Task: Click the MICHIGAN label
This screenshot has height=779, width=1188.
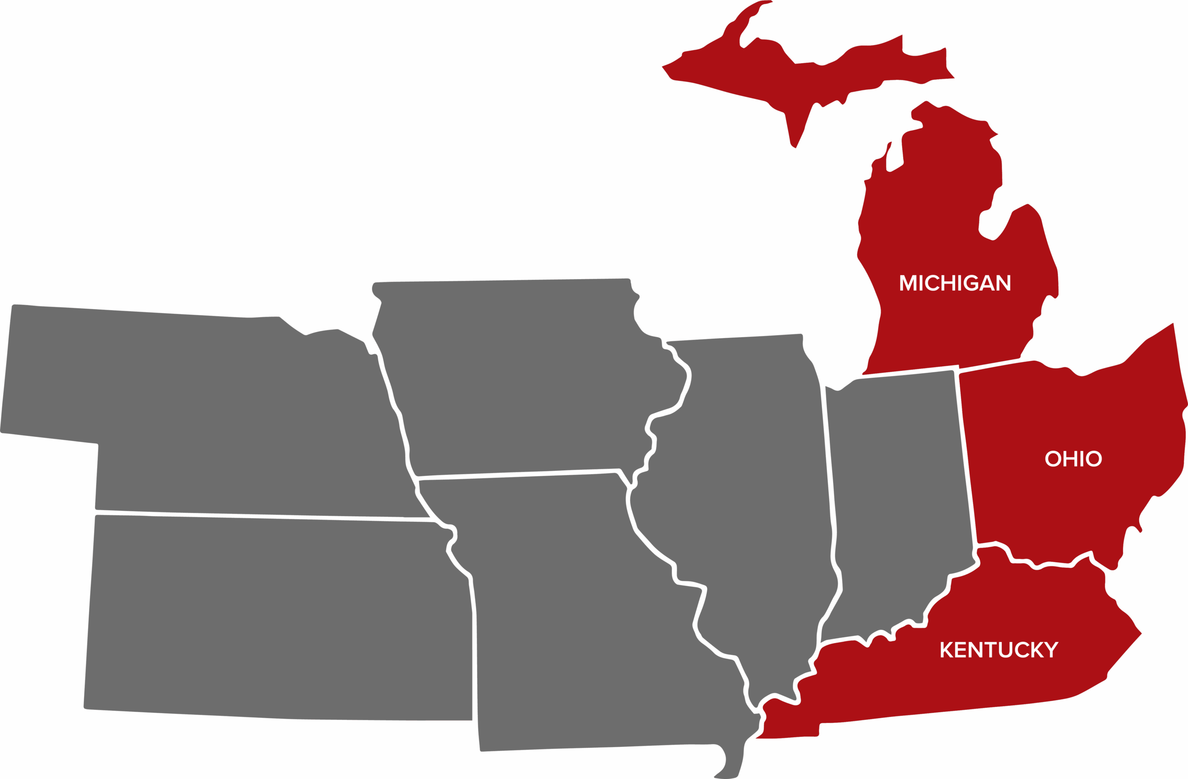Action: tap(955, 283)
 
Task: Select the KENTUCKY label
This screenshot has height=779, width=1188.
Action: tap(999, 649)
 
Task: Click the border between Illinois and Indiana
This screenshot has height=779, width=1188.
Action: tap(829, 474)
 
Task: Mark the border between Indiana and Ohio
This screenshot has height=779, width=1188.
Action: tap(966, 460)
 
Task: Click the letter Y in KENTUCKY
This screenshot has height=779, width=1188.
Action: tap(1051, 649)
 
